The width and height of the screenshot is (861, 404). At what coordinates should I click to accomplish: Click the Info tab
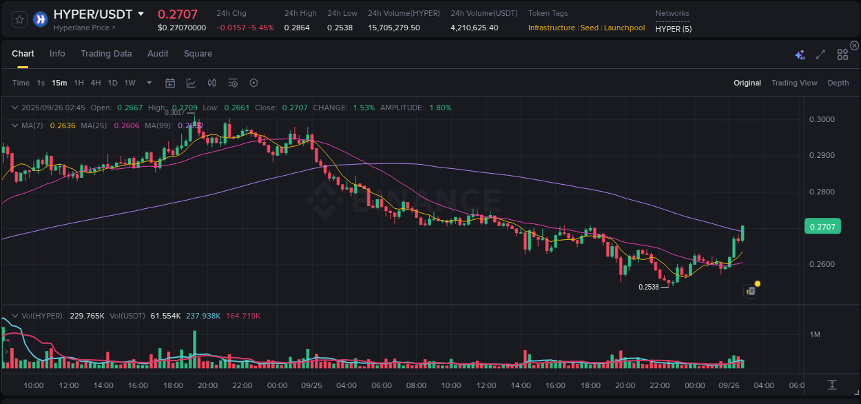(57, 54)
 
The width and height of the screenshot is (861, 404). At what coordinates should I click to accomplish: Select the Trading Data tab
(106, 54)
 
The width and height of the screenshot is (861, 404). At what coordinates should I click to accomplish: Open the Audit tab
(158, 54)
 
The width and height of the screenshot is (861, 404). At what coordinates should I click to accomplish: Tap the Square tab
(198, 54)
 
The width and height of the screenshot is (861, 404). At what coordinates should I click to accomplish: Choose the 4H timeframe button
(95, 83)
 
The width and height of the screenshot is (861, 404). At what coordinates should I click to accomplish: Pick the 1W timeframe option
(129, 83)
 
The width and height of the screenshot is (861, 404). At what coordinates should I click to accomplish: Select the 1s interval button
(41, 83)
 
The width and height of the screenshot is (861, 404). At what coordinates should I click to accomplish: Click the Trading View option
(794, 83)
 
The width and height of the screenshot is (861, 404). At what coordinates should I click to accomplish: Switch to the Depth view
(838, 83)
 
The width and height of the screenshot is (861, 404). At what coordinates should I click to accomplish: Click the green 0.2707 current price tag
(822, 226)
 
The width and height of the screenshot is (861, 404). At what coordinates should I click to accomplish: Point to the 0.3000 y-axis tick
(821, 119)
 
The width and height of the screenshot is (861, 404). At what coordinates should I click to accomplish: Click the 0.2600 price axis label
(821, 264)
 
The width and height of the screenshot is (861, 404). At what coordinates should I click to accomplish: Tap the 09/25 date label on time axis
(312, 385)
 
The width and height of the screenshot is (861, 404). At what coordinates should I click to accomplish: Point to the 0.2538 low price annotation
(648, 287)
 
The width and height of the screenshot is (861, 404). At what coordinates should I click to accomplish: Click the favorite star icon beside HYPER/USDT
(19, 19)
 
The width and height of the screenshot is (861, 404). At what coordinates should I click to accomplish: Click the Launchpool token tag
(624, 28)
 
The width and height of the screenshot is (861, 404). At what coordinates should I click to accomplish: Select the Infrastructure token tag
(551, 28)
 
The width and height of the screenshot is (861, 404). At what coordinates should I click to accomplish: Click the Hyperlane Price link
(84, 28)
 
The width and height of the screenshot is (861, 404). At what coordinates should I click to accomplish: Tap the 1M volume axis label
(815, 334)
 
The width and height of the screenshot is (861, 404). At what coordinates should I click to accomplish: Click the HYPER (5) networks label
(674, 28)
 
